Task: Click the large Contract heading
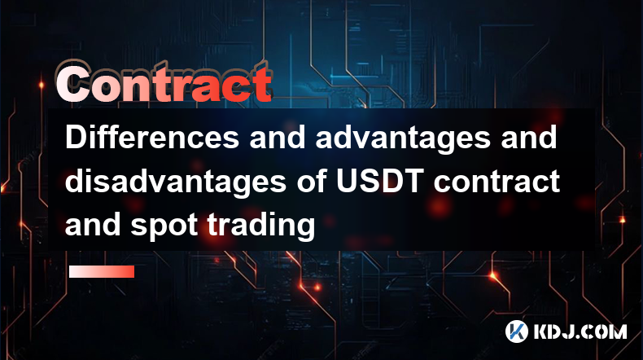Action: click(x=164, y=84)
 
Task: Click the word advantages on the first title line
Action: click(x=403, y=138)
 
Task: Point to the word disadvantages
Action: click(x=176, y=182)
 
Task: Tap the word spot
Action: click(x=164, y=226)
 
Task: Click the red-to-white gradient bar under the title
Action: click(x=102, y=271)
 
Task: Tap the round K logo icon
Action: click(x=517, y=331)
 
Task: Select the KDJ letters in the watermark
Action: click(x=557, y=331)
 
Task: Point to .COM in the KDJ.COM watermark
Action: click(x=603, y=331)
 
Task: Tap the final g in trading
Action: click(x=306, y=228)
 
